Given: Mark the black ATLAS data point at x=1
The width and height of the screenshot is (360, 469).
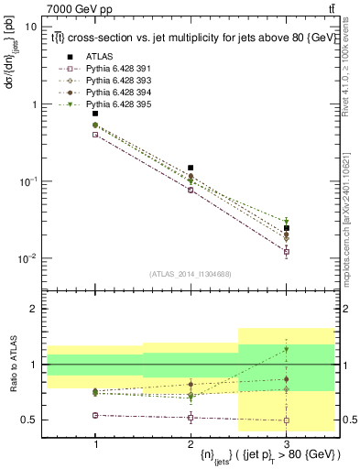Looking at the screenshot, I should click(95, 114).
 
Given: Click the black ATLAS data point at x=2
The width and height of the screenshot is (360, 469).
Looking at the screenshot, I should click(191, 168).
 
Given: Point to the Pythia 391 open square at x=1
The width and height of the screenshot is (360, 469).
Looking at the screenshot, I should click(95, 134).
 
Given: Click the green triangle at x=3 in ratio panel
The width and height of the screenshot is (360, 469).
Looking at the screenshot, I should click(286, 349).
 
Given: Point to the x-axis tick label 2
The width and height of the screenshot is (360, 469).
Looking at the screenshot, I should click(191, 442).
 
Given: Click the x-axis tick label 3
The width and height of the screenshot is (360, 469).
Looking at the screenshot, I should click(286, 442).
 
